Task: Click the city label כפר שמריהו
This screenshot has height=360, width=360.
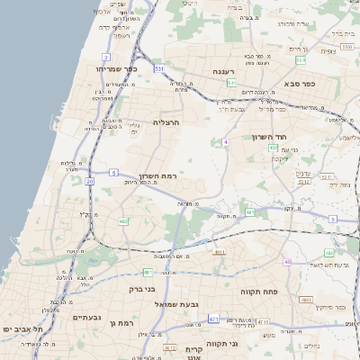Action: [115, 68]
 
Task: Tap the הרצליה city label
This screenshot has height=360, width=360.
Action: [167, 121]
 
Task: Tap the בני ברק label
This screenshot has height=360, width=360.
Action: [142, 289]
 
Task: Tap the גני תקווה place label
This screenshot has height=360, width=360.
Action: [246, 344]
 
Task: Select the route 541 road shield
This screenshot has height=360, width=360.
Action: [231, 83]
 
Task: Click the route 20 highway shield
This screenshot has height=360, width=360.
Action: [89, 181]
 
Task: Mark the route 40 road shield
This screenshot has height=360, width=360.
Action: [288, 262]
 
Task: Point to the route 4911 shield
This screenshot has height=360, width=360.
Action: [219, 253]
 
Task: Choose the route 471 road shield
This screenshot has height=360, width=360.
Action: [213, 319]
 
